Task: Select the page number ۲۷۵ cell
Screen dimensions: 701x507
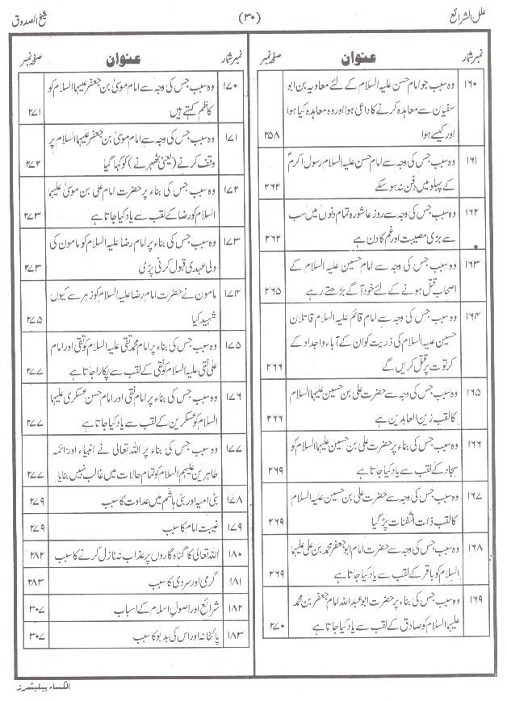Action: (34, 316)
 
